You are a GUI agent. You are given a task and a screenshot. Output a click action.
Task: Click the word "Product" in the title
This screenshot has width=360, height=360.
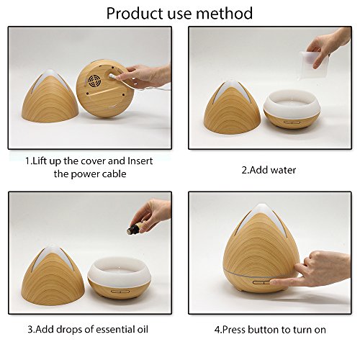tap(135, 13)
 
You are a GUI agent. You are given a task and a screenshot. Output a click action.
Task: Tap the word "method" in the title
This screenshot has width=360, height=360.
tap(224, 13)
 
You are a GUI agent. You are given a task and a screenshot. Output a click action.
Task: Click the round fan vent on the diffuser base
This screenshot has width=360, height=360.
tap(94, 81)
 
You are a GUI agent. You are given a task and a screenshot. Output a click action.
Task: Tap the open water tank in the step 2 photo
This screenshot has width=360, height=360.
tap(292, 109)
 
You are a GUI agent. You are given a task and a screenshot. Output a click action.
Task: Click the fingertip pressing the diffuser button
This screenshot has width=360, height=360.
tap(274, 282)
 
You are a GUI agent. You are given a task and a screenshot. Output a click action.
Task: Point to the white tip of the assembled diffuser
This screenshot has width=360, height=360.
tap(261, 208)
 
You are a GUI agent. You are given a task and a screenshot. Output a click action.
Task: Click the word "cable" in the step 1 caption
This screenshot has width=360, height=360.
tap(114, 174)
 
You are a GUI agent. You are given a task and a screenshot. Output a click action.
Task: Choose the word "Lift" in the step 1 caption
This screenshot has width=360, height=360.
tap(40, 161)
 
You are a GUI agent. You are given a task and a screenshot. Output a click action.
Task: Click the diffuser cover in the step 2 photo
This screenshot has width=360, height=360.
tap(232, 107)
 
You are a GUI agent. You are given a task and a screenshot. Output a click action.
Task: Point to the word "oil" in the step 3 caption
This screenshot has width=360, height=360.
tap(143, 329)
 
